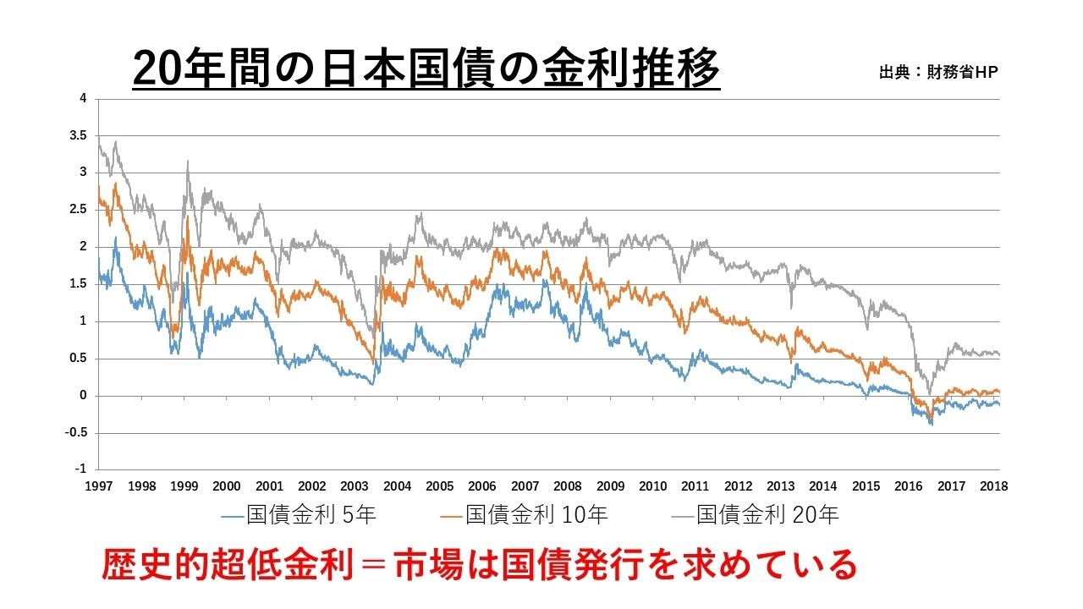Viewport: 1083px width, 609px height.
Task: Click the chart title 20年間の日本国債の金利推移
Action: (x=426, y=68)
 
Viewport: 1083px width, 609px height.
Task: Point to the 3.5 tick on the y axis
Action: (x=77, y=135)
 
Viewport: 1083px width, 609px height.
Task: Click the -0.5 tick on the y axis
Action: (x=75, y=433)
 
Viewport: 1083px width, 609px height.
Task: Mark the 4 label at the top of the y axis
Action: (x=83, y=98)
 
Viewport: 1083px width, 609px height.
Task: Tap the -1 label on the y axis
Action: (x=80, y=469)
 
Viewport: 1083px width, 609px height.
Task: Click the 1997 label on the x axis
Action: (x=99, y=486)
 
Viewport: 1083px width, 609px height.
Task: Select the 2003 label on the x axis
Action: (x=355, y=486)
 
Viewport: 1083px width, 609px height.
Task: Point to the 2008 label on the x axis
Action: (x=569, y=486)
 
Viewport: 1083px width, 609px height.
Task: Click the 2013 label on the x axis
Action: (x=781, y=486)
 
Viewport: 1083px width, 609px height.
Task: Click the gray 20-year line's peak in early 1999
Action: (x=187, y=162)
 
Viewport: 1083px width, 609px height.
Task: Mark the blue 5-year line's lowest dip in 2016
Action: (x=932, y=423)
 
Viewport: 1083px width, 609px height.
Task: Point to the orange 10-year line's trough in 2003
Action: (x=373, y=364)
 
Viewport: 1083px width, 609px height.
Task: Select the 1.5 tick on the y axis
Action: (x=77, y=284)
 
